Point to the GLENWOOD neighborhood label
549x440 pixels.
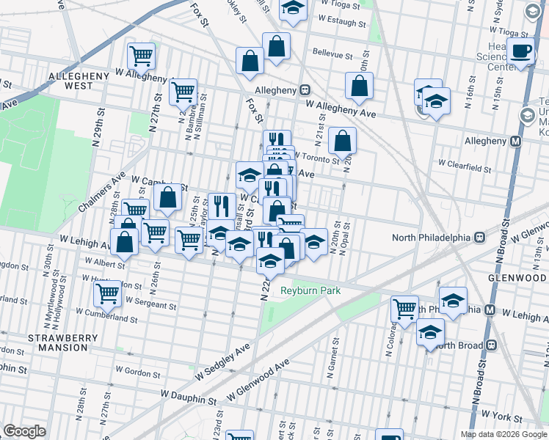coord(518,277)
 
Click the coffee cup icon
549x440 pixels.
coord(522,51)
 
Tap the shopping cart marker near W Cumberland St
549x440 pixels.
coord(108,293)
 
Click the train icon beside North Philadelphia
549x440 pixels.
coord(479,237)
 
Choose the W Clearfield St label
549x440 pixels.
coord(464,168)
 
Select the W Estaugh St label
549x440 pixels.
coord(341,22)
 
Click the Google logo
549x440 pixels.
coord(25,431)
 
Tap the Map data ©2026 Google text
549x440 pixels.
coord(503,434)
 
